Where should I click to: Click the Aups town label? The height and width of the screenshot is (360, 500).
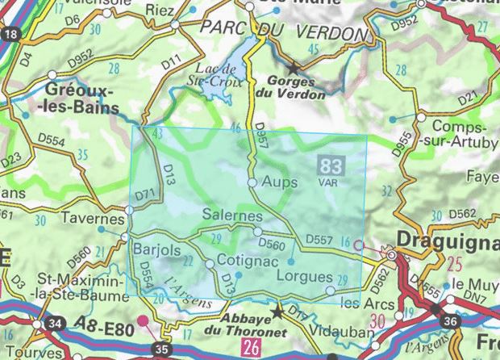click(x=281, y=183)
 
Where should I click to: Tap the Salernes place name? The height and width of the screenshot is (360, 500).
click(x=233, y=217)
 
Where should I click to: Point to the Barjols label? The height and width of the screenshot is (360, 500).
click(x=156, y=248)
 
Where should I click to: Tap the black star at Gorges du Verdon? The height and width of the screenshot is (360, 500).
click(x=294, y=69)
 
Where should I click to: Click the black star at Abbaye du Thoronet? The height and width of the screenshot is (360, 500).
click(x=278, y=311)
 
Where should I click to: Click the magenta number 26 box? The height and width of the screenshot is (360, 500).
click(x=251, y=348)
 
